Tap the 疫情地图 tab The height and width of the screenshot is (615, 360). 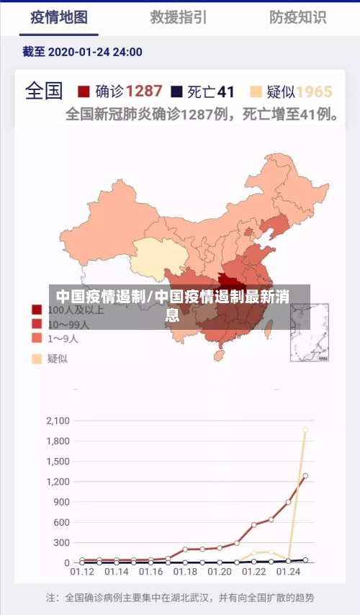pyautogui.click(x=59, y=17)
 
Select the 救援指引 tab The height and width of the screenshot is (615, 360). pyautogui.click(x=179, y=17)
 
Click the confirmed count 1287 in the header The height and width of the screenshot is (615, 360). pyautogui.click(x=144, y=91)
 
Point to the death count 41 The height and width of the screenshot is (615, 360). pyautogui.click(x=226, y=91)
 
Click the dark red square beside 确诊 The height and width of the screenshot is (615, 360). pyautogui.click(x=84, y=91)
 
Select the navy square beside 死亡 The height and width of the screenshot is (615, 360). pyautogui.click(x=176, y=91)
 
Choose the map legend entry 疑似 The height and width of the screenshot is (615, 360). pyautogui.click(x=57, y=358)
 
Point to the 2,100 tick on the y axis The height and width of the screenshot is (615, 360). pyautogui.click(x=57, y=421)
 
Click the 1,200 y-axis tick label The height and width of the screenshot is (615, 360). pyautogui.click(x=57, y=481)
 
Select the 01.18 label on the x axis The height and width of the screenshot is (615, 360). pyautogui.click(x=185, y=573)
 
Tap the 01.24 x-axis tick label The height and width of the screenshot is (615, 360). pyautogui.click(x=288, y=573)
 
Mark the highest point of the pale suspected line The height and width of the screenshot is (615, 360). pyautogui.click(x=305, y=430)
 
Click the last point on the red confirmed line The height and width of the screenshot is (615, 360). pyautogui.click(x=305, y=476)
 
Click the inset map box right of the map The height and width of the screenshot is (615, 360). pyautogui.click(x=310, y=332)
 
